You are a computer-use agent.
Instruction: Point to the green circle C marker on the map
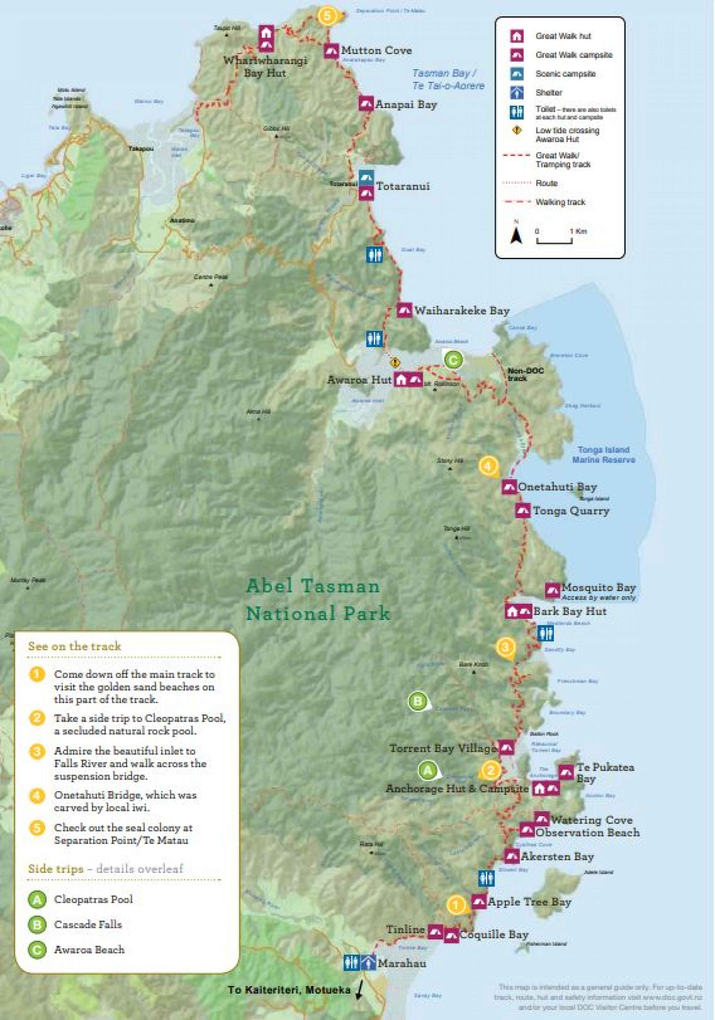(x=453, y=359)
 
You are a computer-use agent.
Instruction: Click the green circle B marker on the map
(x=418, y=701)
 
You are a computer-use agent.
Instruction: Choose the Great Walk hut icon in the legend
(x=516, y=36)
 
